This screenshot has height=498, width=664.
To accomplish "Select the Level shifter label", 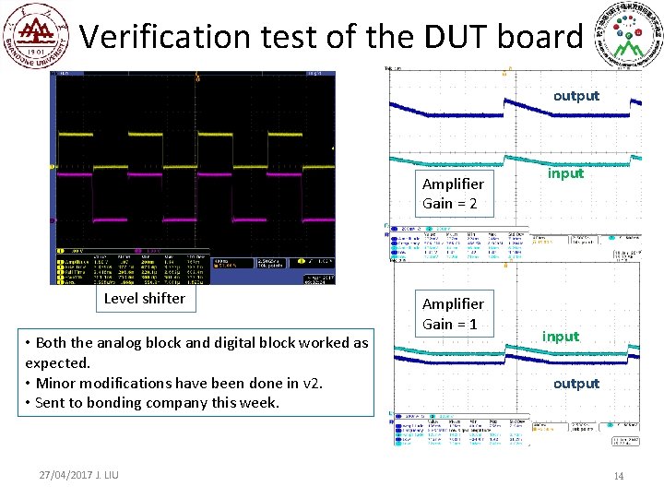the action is [144, 298].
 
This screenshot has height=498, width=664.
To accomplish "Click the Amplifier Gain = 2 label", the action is [453, 194].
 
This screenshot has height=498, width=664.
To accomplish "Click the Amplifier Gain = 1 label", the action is [453, 314].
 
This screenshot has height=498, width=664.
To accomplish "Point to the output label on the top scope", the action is [575, 96].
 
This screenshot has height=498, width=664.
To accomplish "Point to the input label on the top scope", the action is [565, 172].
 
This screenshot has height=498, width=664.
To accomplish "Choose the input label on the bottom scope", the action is [561, 336].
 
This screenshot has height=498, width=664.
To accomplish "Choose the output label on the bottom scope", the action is [575, 384].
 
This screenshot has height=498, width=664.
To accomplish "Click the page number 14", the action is [619, 476].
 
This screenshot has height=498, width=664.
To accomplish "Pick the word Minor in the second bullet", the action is [57, 383].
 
